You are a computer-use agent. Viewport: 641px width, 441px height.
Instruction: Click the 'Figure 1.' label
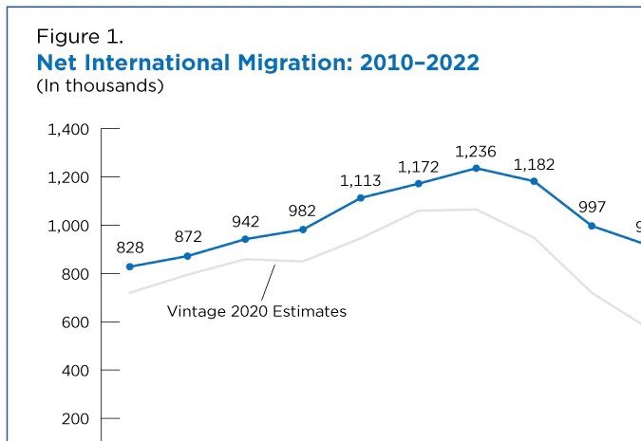(80, 38)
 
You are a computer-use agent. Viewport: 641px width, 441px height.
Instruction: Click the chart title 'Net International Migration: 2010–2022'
(257, 63)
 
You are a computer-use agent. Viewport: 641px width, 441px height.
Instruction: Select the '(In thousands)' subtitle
(101, 86)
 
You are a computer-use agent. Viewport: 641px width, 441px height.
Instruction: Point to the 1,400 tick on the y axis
(68, 129)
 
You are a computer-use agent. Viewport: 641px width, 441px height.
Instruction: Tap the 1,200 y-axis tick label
(68, 177)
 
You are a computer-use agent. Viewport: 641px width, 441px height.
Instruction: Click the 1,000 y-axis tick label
(68, 226)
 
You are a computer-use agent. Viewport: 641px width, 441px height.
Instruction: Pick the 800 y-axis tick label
(76, 274)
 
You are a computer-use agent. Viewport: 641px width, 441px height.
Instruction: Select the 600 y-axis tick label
(76, 322)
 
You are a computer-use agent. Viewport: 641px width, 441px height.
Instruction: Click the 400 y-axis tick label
(76, 370)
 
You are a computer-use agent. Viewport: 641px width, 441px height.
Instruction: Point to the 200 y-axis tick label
(76, 418)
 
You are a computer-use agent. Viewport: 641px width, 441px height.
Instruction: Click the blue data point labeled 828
(130, 266)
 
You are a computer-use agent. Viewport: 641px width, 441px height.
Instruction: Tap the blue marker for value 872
(187, 256)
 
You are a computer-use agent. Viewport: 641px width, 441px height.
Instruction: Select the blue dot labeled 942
(245, 239)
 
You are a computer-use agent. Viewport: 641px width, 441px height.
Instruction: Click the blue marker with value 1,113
(361, 197)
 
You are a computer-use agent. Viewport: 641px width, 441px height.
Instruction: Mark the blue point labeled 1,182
(534, 181)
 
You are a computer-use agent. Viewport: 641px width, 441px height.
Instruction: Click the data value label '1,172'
(418, 167)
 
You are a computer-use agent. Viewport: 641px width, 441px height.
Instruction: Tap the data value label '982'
(303, 211)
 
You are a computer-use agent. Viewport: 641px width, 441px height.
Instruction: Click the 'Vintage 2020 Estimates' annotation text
(256, 310)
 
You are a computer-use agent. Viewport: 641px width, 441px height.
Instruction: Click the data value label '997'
(592, 207)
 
